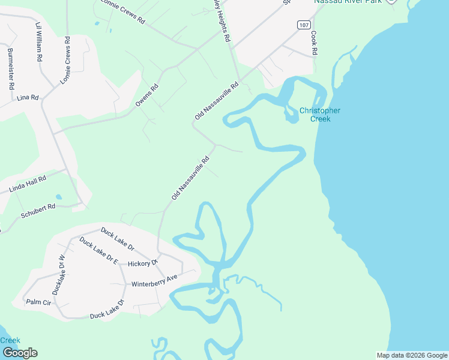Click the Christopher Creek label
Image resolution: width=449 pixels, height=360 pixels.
320,115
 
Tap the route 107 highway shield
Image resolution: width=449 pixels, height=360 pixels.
304,25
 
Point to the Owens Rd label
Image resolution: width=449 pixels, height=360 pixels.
147,95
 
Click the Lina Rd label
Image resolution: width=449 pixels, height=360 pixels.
28,97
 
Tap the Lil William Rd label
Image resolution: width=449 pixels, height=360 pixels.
39,43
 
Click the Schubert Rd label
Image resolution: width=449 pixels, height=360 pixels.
38,211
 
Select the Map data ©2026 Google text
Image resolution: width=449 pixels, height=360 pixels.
412,355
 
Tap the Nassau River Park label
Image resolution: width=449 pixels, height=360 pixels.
347,2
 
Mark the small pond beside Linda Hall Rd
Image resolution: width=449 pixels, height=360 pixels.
58,197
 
